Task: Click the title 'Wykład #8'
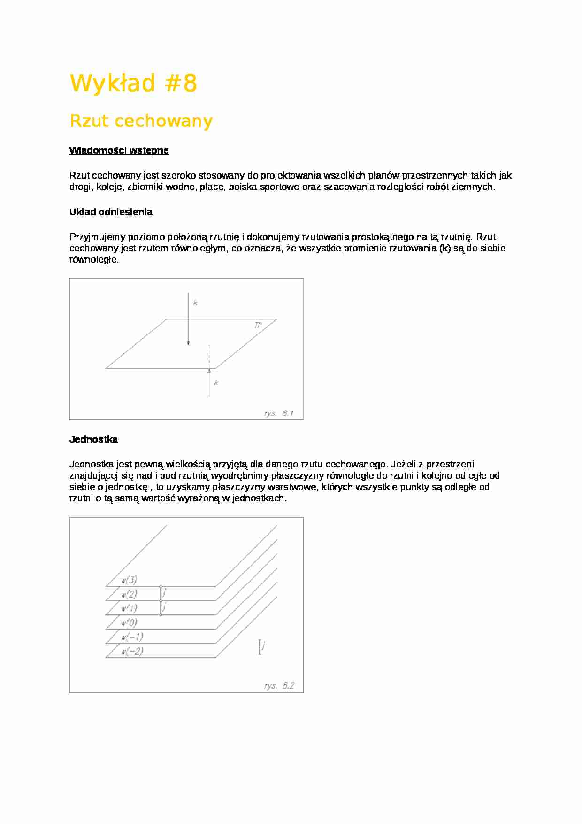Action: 133,84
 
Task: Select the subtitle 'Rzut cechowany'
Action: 141,121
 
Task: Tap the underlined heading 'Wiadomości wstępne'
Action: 119,150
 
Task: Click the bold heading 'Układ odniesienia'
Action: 111,212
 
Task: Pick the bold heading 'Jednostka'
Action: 93,439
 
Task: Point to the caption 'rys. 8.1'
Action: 278,413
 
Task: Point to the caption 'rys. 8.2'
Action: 279,685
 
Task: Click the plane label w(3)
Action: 129,580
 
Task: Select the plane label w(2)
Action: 129,594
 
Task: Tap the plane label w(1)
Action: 129,608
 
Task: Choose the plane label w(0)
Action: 129,623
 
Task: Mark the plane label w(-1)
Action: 131,637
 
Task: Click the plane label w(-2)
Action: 131,651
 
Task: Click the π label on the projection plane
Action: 258,325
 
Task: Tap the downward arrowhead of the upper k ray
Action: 188,343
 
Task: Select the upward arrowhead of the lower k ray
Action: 209,371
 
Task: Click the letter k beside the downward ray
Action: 195,303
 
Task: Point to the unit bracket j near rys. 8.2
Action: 260,647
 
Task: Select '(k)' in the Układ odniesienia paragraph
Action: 445,248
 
